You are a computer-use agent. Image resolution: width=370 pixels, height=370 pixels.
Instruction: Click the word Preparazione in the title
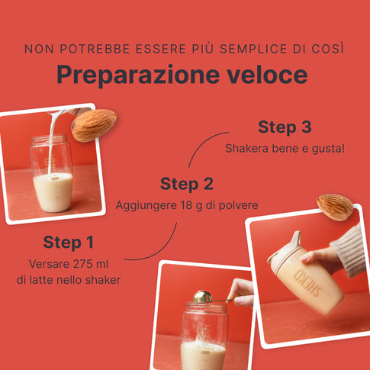138,76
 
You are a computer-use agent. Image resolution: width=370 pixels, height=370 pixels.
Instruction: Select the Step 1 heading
69,243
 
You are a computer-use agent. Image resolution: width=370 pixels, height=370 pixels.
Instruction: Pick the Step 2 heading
187,184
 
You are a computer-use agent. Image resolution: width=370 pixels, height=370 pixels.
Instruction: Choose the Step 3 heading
285,127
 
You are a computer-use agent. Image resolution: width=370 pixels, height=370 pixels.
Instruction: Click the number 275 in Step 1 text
77,264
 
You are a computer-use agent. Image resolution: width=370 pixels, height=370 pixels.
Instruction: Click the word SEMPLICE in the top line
253,49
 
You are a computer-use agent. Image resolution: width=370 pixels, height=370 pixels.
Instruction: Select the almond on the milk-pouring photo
94,125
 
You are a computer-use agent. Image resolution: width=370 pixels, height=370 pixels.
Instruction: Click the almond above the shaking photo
335,207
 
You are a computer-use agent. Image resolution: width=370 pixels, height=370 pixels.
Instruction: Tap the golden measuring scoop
203,297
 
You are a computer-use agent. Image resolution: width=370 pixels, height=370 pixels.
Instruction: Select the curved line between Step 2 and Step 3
207,146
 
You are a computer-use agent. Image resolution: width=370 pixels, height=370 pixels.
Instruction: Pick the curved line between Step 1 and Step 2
158,249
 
